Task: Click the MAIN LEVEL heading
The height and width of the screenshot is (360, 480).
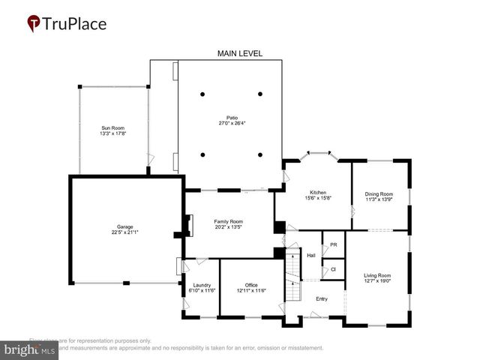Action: pyautogui.click(x=240, y=53)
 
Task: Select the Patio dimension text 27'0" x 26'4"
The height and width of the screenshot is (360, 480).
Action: pyautogui.click(x=232, y=123)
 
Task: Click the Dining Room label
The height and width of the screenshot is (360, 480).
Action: pyautogui.click(x=379, y=193)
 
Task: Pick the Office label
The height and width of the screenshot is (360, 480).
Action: pyautogui.click(x=251, y=285)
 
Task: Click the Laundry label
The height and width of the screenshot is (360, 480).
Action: pyautogui.click(x=201, y=285)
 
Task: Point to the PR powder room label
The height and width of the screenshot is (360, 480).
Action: pyautogui.click(x=332, y=244)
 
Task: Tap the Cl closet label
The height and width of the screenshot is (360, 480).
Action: pyautogui.click(x=332, y=268)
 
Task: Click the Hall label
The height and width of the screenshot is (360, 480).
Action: pyautogui.click(x=311, y=255)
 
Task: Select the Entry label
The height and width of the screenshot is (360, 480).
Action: pyautogui.click(x=322, y=298)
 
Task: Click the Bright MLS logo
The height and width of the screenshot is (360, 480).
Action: pyautogui.click(x=30, y=349)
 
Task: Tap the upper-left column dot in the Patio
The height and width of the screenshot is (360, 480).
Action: pyautogui.click(x=202, y=94)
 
